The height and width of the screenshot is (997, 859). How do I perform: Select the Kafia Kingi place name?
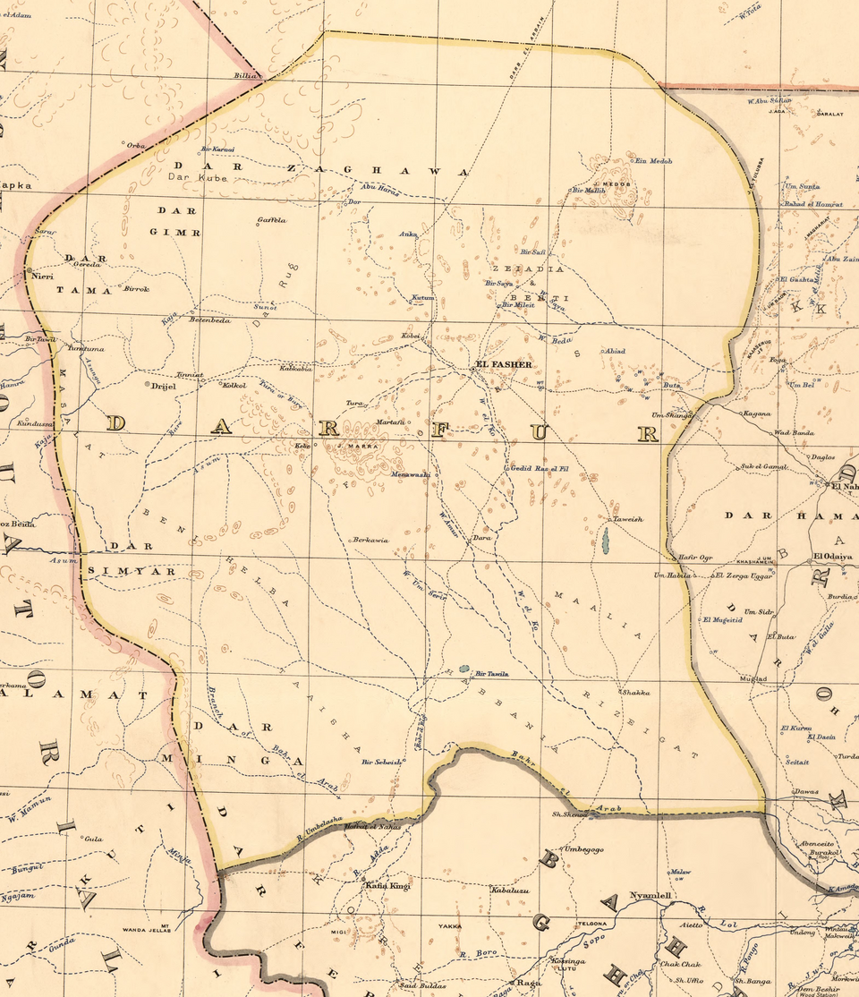coord(387,885)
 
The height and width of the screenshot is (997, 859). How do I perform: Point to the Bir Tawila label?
coord(492,673)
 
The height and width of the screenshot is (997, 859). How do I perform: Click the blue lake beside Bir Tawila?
coord(464,669)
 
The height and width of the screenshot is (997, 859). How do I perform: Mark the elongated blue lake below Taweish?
coord(606,540)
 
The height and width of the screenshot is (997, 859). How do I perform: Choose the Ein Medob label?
coord(653,161)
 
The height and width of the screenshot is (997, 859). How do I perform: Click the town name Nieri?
coord(42,277)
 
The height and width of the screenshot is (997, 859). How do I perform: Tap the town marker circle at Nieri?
coord(29,269)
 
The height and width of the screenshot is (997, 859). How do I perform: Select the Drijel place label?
coord(165,386)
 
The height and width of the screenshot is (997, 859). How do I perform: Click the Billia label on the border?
coord(244,76)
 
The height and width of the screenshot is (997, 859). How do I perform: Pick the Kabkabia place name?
coord(296,368)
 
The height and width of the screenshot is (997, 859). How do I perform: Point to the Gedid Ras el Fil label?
coord(540,469)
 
